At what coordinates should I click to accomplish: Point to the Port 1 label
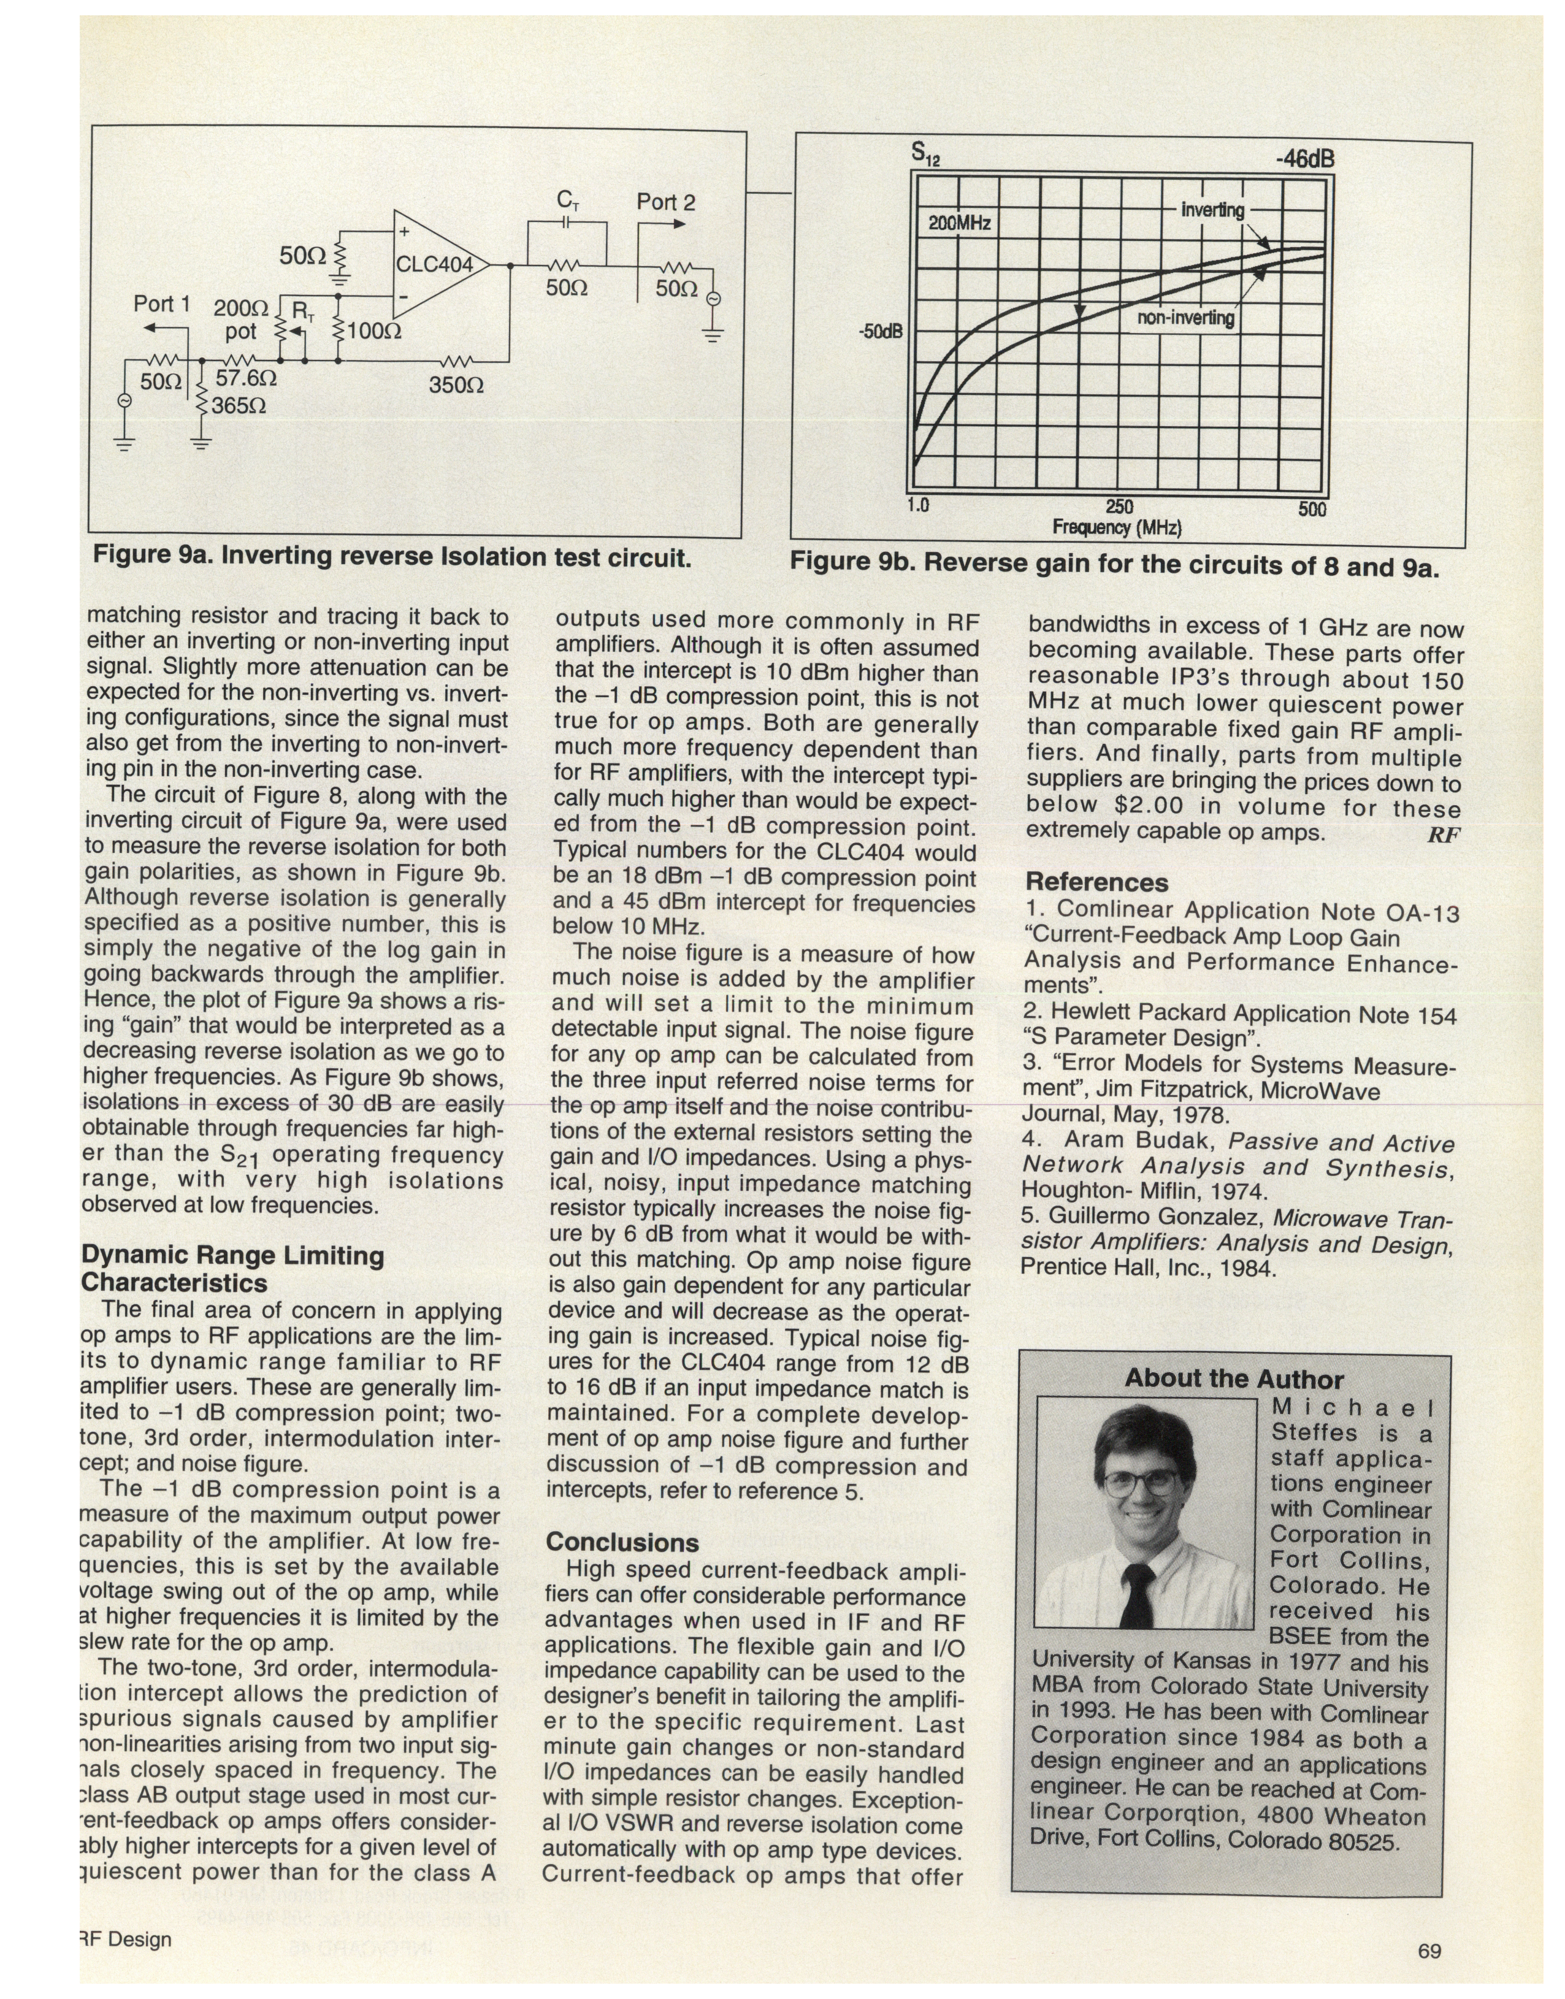click(161, 304)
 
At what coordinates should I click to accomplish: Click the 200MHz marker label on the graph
click(959, 223)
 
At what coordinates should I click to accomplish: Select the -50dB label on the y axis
click(881, 330)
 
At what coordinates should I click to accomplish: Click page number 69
click(1429, 1951)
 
